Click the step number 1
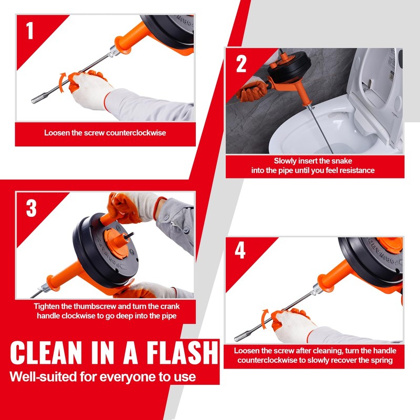tap(29, 31)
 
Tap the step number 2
tap(241, 64)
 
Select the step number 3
tap(31, 208)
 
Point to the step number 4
tap(240, 250)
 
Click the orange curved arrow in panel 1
tap(62, 82)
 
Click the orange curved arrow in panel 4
tap(265, 319)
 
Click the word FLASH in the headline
tap(182, 352)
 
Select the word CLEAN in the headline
tap(46, 352)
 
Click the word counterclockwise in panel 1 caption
tap(135, 133)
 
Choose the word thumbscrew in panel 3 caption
tap(94, 306)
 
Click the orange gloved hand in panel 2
tap(252, 91)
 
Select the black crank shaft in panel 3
tap(129, 236)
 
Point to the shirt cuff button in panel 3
tap(186, 229)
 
